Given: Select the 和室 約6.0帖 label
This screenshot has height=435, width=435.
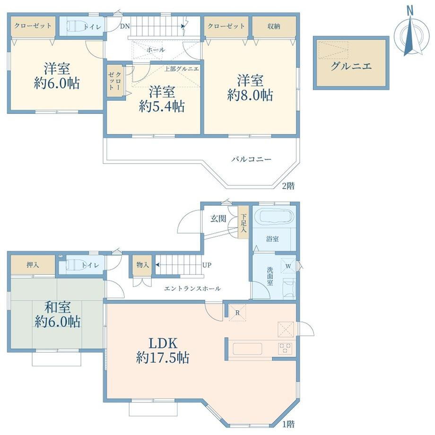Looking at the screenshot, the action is [x=58, y=314].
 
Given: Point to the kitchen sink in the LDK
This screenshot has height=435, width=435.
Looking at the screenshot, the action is [x=247, y=349].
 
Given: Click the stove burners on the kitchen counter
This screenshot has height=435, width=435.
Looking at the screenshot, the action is [x=285, y=348].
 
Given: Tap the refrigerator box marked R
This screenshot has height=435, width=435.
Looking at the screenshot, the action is [x=237, y=313].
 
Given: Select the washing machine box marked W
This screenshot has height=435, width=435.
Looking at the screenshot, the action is [x=288, y=266].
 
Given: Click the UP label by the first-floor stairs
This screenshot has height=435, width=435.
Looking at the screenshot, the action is [x=207, y=265].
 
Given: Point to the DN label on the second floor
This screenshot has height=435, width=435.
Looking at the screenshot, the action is [x=125, y=26].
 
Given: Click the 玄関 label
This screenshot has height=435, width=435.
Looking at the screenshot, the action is [x=218, y=218].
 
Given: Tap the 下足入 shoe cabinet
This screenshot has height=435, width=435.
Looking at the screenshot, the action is [x=244, y=223].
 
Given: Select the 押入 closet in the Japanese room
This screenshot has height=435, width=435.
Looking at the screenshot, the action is [x=33, y=265].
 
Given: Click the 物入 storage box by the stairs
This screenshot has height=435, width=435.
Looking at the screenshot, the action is [x=143, y=265].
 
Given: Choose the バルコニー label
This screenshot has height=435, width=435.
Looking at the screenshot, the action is [x=252, y=159].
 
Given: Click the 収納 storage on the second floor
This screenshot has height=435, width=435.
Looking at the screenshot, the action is [x=274, y=26].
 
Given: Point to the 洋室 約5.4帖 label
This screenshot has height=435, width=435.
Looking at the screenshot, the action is [x=162, y=99].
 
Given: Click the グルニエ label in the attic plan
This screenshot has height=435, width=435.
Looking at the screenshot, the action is [x=351, y=66].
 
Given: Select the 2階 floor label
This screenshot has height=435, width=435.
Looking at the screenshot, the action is [x=288, y=186].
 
